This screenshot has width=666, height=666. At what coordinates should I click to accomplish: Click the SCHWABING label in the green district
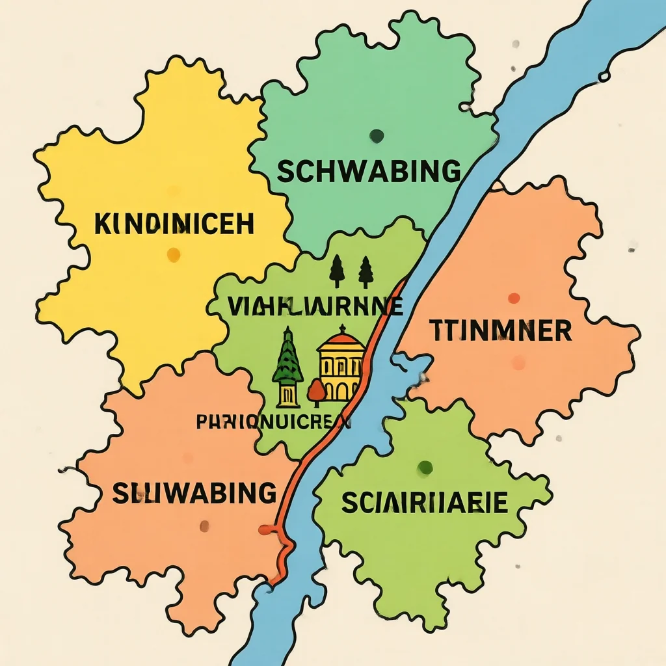coord(369,172)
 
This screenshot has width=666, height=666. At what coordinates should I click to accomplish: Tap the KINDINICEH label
coord(174,224)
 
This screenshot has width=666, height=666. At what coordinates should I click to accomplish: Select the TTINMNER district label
coord(501,331)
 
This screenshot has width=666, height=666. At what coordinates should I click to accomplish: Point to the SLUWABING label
coord(194,493)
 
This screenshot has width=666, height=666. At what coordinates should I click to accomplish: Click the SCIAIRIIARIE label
coord(425,502)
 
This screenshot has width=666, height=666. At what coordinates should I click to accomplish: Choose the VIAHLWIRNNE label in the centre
coord(315,305)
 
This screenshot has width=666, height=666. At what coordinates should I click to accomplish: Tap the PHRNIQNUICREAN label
coord(273,421)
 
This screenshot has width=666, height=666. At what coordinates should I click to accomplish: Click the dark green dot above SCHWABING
coord(377,136)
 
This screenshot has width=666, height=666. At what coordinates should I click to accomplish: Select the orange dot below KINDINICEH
coord(174,254)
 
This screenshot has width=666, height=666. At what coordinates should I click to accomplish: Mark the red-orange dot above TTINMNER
coord(514,298)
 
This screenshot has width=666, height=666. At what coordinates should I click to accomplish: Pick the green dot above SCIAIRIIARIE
coord(425,467)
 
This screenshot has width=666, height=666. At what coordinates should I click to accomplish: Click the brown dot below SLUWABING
coord(204,526)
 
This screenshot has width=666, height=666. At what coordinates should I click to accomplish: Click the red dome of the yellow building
coord(341,338)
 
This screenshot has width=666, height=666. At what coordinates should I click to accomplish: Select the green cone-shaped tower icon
coord(287,362)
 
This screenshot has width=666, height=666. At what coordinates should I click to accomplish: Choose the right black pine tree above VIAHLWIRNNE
coord(366,271)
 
